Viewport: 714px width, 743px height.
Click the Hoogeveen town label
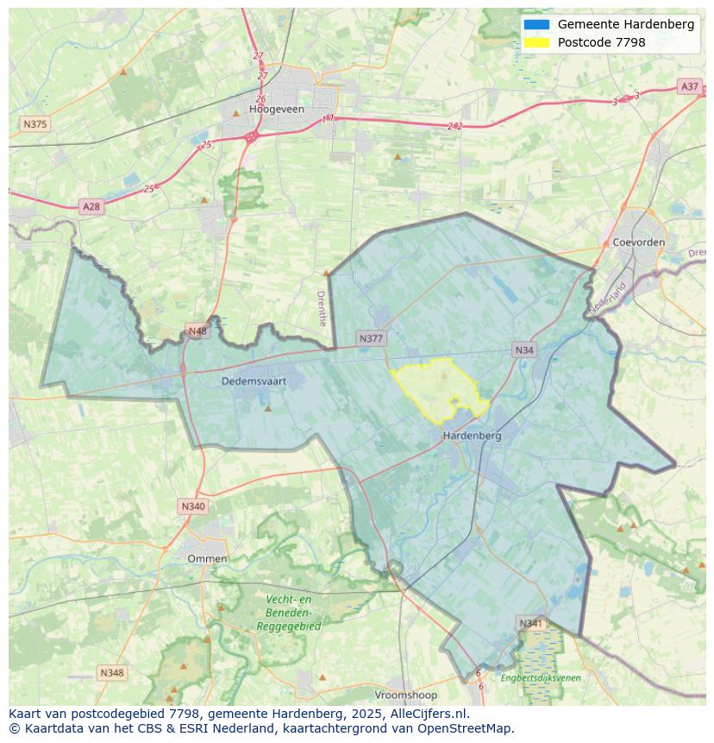(272, 110)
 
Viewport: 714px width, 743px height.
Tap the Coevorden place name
(638, 242)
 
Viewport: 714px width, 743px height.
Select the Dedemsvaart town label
(254, 380)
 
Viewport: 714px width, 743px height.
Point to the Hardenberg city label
(472, 436)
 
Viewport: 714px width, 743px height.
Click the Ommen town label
(207, 558)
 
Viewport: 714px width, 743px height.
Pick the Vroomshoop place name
(406, 695)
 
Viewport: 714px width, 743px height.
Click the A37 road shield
(689, 86)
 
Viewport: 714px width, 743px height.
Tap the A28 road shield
(91, 206)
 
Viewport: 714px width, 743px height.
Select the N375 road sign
(34, 124)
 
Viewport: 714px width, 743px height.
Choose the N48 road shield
(197, 331)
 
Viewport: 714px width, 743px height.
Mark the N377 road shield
(371, 339)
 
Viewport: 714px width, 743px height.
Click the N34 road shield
(524, 349)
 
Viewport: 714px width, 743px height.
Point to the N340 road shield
(193, 507)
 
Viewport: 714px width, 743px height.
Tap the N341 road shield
(531, 623)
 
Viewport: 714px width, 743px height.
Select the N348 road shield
(111, 672)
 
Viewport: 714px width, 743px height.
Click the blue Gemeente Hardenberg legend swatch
(535, 25)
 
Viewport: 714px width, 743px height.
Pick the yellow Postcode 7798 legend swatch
(535, 42)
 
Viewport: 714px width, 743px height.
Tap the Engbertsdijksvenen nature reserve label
(541, 678)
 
